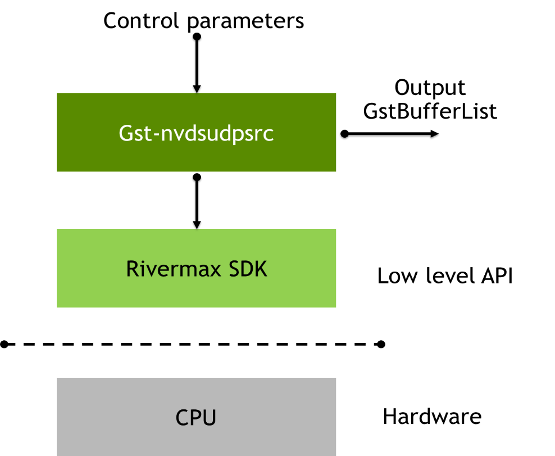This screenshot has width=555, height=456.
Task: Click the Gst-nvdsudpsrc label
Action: (196, 134)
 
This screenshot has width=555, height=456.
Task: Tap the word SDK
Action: (248, 269)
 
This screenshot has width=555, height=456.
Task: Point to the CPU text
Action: (196, 418)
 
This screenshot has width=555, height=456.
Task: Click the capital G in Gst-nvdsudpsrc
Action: (126, 133)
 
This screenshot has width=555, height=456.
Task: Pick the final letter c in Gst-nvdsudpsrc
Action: (269, 136)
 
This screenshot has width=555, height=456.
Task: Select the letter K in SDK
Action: (261, 269)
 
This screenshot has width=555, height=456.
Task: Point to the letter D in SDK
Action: (248, 269)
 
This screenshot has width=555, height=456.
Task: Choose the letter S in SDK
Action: (235, 269)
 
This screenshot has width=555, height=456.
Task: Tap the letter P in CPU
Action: (196, 418)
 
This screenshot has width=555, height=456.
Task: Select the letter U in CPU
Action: (210, 418)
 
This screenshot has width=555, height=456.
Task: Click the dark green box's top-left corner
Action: (57, 93)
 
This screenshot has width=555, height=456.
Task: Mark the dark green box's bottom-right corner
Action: (336, 171)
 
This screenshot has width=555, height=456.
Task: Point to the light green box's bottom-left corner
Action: (57, 307)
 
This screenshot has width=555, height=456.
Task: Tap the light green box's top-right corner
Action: (336, 229)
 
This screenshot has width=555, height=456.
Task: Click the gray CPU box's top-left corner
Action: (57, 378)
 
